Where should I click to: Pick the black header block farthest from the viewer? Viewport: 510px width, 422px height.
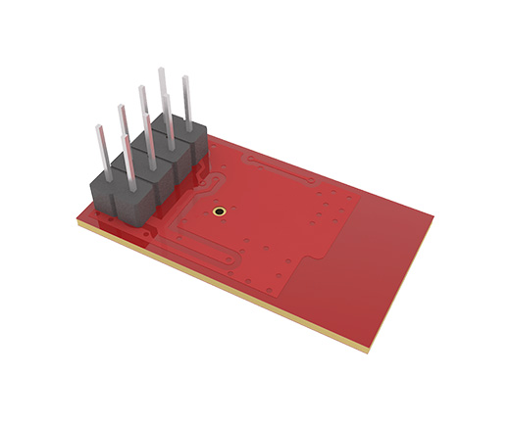tap(188, 137)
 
